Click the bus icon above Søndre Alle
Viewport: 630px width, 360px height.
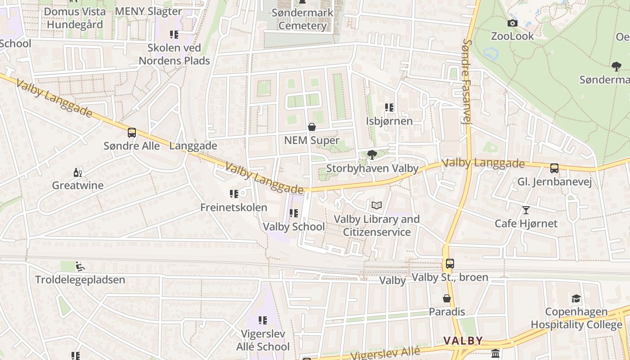132,133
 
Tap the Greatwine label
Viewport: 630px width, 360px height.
77,185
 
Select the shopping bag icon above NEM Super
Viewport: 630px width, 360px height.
311,127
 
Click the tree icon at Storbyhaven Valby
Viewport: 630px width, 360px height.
372,155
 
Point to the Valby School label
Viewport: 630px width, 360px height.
293,226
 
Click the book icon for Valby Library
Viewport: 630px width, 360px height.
377,206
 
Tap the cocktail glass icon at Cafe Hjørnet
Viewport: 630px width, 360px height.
526,210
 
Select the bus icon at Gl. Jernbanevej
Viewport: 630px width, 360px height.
554,168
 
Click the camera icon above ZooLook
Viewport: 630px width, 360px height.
512,23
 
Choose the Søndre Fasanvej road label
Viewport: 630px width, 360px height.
467,81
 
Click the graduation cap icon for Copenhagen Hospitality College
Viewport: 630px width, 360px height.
576,298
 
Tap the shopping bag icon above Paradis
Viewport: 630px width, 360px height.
446,298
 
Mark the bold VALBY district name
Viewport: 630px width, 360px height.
463,341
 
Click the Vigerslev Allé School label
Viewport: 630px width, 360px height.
263,340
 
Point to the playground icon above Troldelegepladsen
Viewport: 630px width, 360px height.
80,266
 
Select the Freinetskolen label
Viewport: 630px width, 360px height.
234,207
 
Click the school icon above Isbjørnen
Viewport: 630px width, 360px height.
389,108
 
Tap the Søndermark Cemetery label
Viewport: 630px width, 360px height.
302,19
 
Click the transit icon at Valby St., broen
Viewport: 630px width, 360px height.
450,264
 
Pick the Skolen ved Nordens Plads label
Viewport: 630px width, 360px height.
174,54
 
